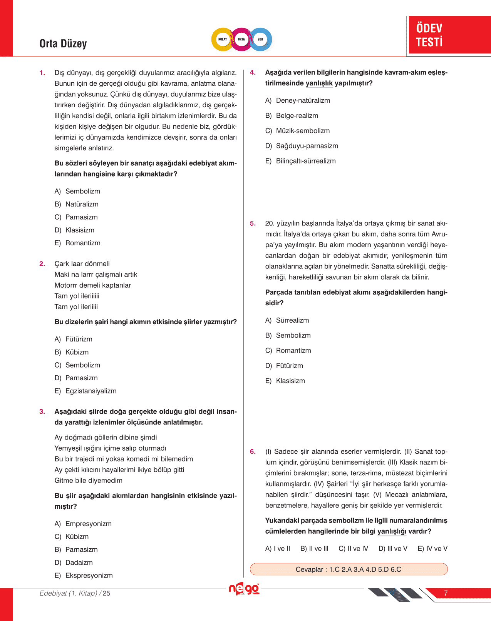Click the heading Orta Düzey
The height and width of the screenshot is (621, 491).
(63, 44)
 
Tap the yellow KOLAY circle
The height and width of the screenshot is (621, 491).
(223, 39)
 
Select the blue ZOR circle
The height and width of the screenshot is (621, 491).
(261, 39)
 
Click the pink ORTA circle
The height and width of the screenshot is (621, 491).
(241, 39)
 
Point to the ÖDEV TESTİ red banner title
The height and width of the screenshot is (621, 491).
(429, 35)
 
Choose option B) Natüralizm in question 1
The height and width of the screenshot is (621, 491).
(77, 204)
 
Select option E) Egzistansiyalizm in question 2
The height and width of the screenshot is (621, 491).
(85, 391)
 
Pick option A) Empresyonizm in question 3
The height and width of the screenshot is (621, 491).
(83, 524)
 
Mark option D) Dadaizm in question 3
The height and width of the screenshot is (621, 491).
(74, 563)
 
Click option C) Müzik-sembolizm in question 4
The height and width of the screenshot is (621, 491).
(298, 131)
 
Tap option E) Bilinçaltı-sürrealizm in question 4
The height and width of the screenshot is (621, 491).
(301, 161)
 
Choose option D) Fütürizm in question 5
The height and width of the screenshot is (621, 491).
(284, 366)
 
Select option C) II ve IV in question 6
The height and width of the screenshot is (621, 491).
(353, 549)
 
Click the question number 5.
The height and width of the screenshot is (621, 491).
(253, 223)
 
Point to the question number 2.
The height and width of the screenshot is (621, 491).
(42, 264)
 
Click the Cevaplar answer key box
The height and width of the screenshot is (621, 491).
(349, 569)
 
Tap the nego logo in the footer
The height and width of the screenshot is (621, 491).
(244, 589)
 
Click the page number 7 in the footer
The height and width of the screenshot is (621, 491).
(446, 593)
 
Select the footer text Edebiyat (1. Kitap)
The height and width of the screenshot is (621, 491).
(69, 593)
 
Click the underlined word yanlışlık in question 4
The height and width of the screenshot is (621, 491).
(319, 83)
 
